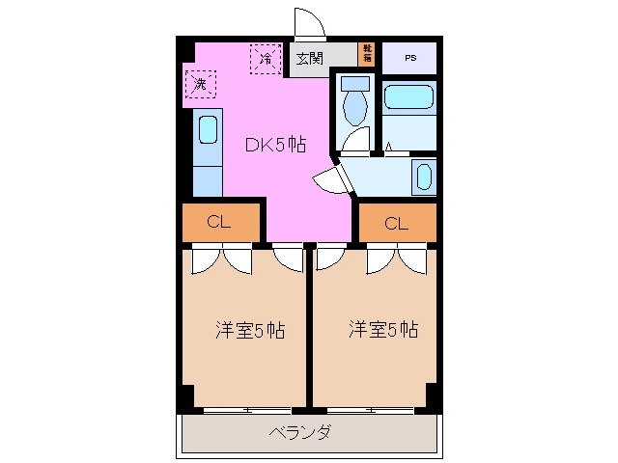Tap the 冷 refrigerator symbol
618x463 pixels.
265,58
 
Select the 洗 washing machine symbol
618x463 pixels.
200,85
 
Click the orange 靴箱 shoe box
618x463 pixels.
367,53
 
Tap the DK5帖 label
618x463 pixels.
274,145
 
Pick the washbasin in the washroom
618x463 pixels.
423,177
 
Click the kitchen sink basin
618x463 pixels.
207,131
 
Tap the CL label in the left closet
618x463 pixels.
220,222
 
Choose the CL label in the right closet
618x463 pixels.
396,224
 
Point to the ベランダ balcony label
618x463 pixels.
299,432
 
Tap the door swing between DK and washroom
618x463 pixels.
328,177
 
